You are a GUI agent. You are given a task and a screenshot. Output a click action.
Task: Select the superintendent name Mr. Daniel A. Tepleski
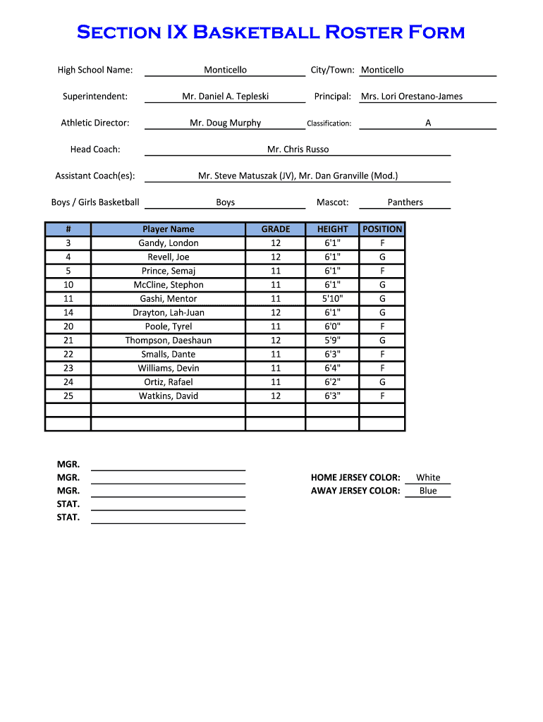[225, 97]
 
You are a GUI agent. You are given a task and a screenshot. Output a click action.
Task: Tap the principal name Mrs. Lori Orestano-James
[412, 97]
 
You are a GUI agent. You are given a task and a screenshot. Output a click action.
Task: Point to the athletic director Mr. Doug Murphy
[225, 123]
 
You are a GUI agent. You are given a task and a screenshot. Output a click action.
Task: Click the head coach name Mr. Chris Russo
[298, 149]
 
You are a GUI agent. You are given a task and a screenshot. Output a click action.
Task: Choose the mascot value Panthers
[405, 202]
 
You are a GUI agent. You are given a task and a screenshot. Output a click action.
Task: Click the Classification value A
[428, 123]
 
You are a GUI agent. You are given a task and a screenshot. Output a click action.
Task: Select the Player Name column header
[168, 229]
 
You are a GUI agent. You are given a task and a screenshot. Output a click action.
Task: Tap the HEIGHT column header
[332, 229]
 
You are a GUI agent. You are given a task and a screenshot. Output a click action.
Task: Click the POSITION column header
[382, 229]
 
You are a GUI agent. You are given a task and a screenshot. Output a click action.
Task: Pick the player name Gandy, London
[168, 243]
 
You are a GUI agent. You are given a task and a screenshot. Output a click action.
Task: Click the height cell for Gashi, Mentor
[332, 299]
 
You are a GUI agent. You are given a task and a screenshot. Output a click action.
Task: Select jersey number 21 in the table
[68, 341]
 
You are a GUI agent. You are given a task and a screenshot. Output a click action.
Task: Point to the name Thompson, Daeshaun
[168, 341]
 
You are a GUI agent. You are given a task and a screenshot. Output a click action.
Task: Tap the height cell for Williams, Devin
[332, 368]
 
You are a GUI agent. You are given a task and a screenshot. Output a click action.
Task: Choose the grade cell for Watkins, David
[276, 396]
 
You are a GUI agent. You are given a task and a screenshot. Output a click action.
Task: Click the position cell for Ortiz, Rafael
[382, 382]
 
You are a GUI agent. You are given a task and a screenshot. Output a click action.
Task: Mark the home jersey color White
[428, 477]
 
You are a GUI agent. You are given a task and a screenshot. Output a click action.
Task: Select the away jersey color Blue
[428, 491]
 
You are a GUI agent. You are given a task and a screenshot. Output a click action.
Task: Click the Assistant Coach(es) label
[95, 176]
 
